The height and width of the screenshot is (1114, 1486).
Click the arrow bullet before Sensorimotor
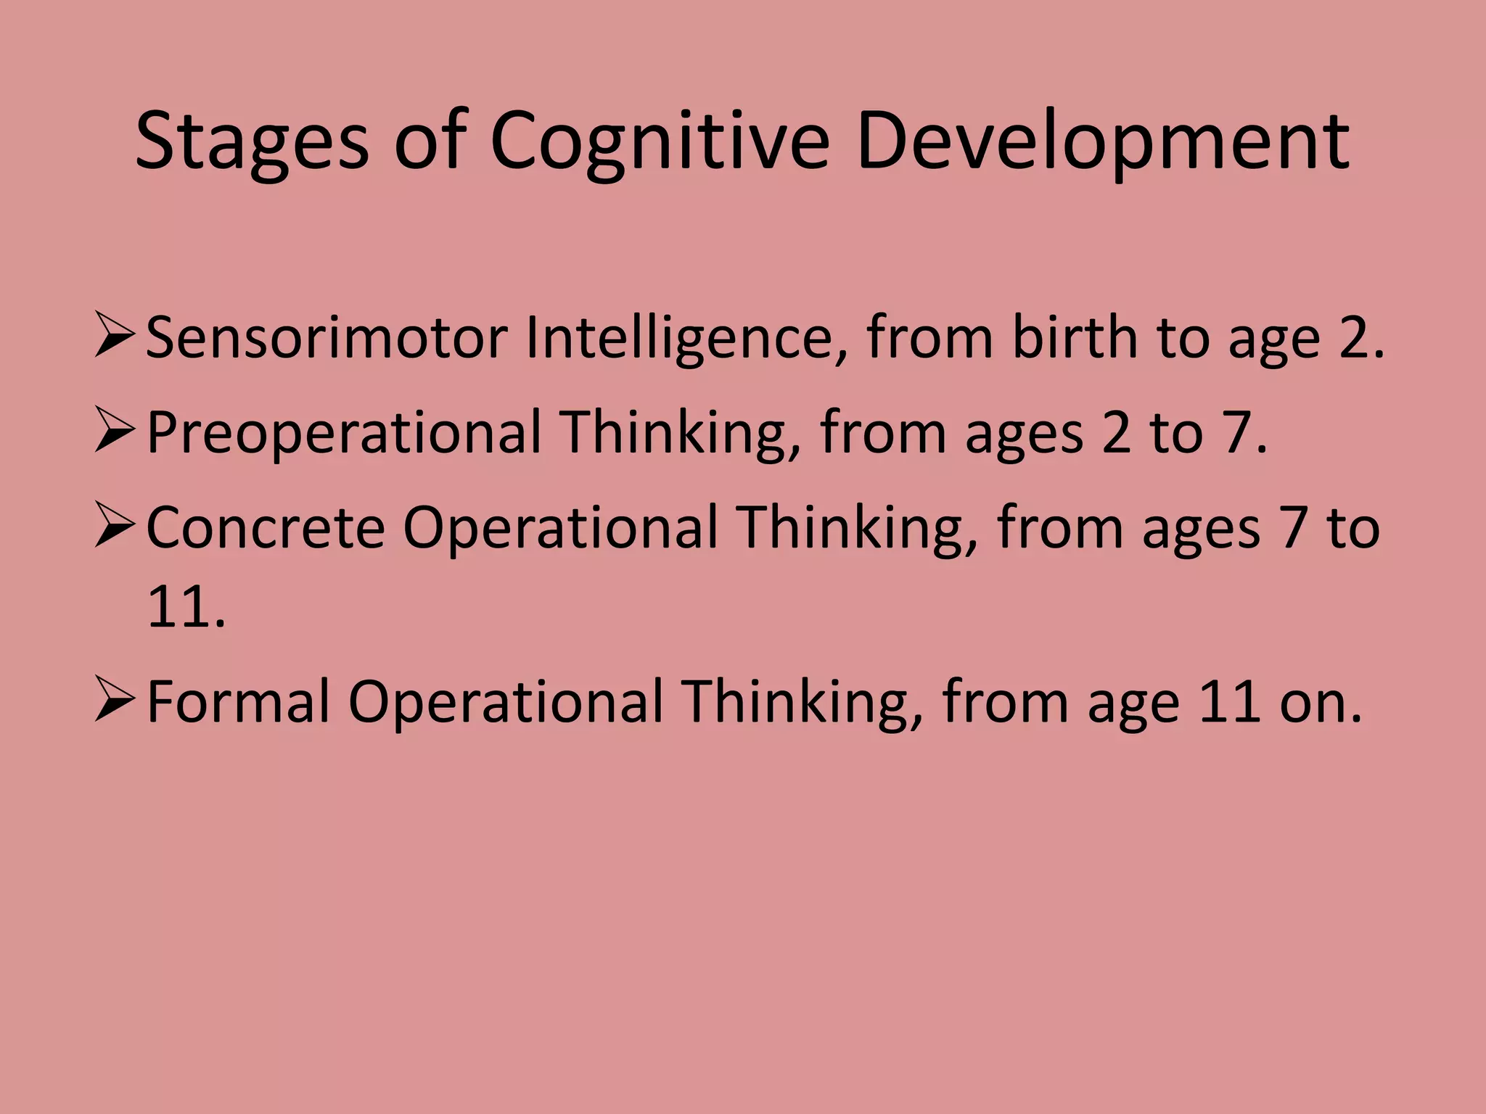(x=114, y=337)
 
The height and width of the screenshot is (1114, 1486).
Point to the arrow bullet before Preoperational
(x=114, y=432)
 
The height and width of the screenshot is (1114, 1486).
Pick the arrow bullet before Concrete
(x=114, y=527)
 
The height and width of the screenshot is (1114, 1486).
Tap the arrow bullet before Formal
(x=114, y=701)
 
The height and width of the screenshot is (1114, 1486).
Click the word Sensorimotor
(x=327, y=338)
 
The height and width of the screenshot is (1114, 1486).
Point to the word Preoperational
(x=344, y=433)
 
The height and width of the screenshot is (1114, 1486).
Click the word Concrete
(x=266, y=528)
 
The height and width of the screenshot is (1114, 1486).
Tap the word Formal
(x=238, y=702)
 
